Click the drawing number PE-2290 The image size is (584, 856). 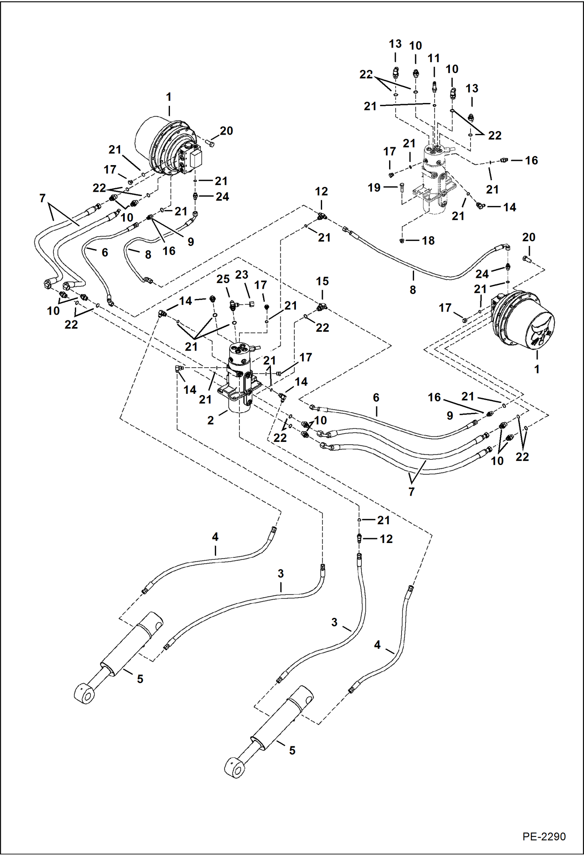pos(544,836)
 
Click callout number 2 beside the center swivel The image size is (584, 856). pos(211,420)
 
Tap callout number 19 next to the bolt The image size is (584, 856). pos(374,188)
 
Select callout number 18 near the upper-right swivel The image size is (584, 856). pos(428,241)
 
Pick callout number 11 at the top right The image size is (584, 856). pos(434,59)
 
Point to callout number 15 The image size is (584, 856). pos(322,281)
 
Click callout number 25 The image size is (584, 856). pos(223,279)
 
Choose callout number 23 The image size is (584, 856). pos(242,275)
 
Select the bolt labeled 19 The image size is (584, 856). pos(402,188)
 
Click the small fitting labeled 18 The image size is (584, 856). pos(402,241)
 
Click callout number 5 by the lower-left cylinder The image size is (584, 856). pos(140,679)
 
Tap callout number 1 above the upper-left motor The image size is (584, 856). pos(169,97)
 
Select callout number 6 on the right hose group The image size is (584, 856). pos(376,398)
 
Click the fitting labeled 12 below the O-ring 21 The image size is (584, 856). pos(359,539)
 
